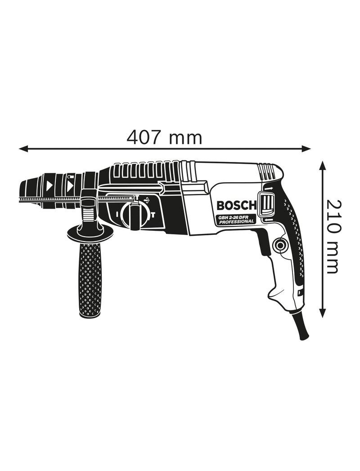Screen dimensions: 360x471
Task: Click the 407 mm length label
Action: tap(164, 138)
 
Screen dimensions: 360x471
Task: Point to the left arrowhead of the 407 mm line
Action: tap(23, 148)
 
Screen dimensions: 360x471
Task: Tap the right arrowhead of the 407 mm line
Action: tap(306, 148)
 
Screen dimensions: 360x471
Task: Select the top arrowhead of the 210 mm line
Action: tap(322, 166)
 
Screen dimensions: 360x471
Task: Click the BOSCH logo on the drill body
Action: tap(236, 206)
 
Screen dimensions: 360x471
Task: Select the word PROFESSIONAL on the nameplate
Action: tap(236, 222)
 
